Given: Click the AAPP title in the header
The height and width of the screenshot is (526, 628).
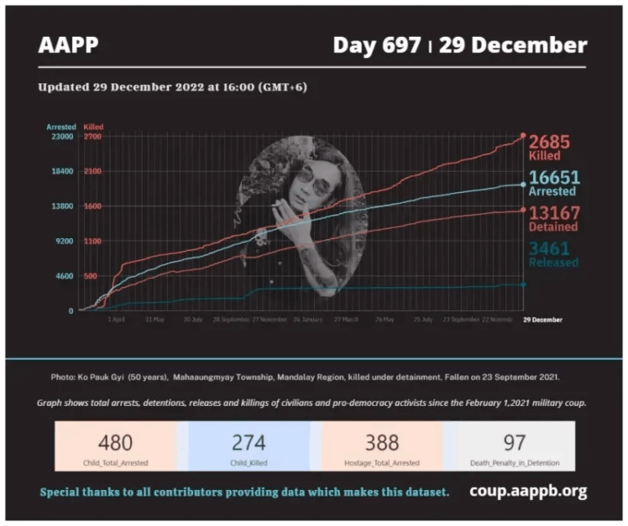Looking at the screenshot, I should [68, 46].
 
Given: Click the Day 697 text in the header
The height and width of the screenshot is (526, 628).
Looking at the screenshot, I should [376, 46].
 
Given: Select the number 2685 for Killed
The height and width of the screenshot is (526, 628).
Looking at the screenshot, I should [549, 142].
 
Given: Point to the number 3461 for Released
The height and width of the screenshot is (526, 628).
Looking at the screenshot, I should [549, 249].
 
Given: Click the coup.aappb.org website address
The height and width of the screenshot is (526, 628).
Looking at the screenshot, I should [528, 492].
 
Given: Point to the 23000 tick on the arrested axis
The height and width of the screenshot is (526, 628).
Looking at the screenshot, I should [62, 137].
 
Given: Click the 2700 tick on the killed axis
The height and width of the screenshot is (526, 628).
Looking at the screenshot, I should [92, 137].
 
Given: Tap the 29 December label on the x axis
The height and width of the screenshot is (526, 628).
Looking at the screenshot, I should [542, 320].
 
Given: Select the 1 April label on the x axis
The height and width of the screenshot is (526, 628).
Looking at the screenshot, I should [116, 320].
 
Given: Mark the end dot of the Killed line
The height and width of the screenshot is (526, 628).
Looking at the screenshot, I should [523, 136].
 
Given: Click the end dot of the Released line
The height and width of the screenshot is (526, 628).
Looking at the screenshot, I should [523, 284].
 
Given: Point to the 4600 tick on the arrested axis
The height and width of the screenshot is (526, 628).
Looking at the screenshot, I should [65, 276].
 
